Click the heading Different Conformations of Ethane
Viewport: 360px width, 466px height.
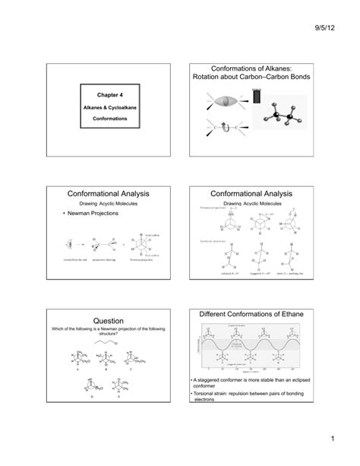[260, 315]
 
